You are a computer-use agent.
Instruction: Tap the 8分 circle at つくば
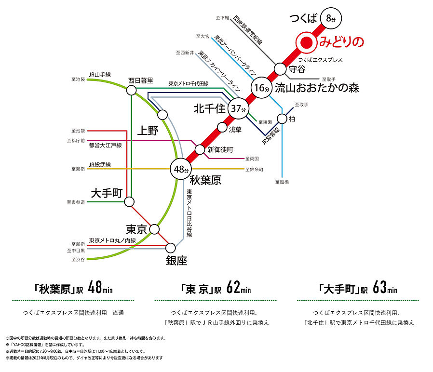(330, 18)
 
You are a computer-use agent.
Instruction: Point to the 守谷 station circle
(281, 69)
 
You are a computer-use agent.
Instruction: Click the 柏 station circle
(283, 119)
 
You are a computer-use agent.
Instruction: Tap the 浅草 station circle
(222, 128)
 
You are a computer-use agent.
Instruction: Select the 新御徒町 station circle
(200, 149)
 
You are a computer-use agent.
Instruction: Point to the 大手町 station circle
(131, 201)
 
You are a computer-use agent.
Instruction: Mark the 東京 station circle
(155, 229)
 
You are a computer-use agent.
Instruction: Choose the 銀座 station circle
(171, 248)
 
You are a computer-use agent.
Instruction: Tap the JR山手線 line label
(100, 75)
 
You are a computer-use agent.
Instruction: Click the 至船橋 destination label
(282, 182)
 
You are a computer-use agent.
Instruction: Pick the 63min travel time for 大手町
(385, 289)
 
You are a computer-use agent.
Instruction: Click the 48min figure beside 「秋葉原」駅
(100, 289)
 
